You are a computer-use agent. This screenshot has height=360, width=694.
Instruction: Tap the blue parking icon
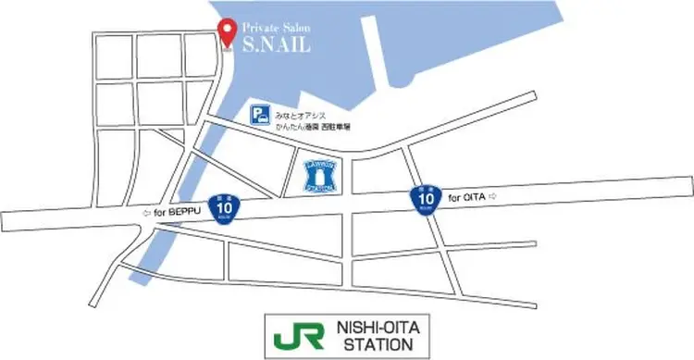click(262, 115)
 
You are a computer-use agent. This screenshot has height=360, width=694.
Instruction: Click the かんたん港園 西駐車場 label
click(315, 125)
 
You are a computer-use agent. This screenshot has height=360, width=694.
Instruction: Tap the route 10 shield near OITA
click(424, 196)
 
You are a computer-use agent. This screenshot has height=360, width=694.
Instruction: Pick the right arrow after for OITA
click(493, 197)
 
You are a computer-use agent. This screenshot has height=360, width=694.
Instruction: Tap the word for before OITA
click(453, 197)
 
